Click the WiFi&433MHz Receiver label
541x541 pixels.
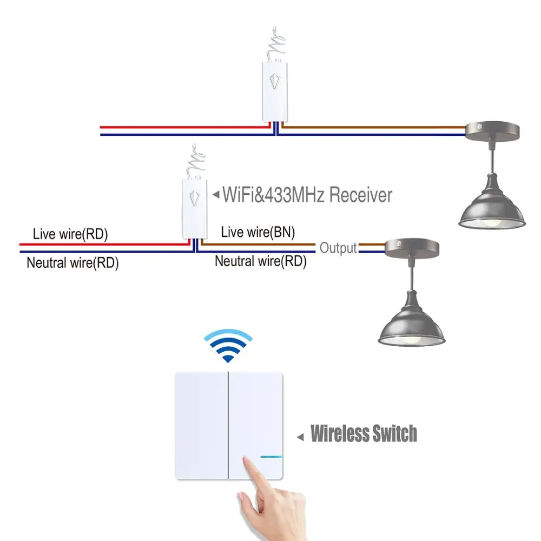click(x=307, y=194)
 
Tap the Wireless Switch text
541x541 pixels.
click(x=364, y=434)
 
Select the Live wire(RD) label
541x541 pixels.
click(x=70, y=234)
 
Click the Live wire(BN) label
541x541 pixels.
click(x=258, y=233)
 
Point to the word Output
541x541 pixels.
click(x=338, y=248)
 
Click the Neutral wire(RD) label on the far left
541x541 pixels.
click(x=72, y=263)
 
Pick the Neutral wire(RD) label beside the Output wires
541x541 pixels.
click(x=260, y=261)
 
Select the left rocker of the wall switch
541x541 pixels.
click(x=201, y=425)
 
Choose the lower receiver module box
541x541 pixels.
click(x=194, y=208)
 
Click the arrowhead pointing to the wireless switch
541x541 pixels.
click(x=300, y=436)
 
